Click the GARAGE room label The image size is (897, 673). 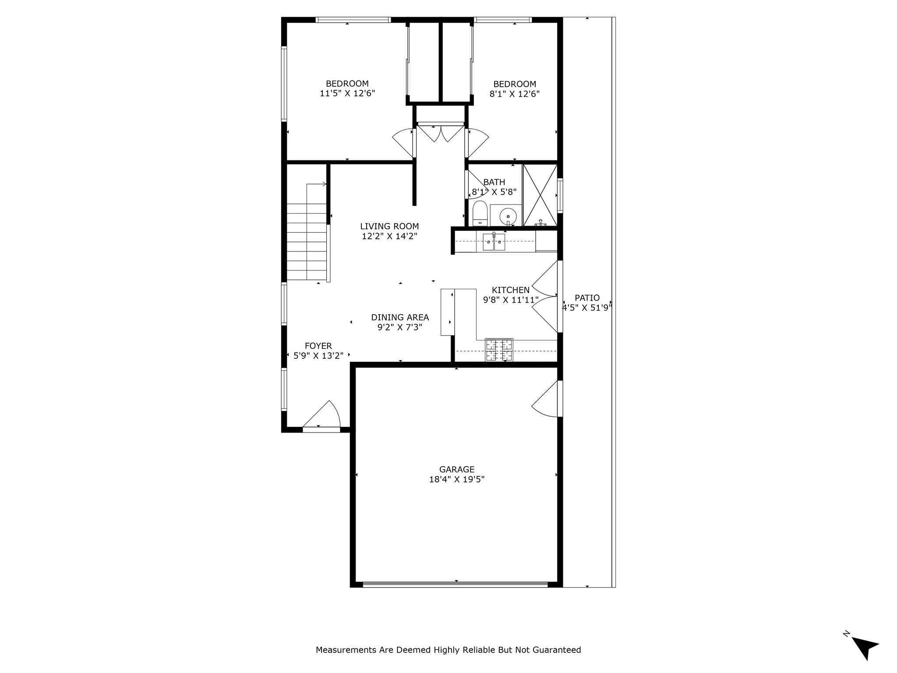[x=457, y=469]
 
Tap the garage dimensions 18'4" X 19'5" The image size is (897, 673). [x=457, y=479]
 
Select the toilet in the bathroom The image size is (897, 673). [x=480, y=213]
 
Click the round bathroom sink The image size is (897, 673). [x=508, y=216]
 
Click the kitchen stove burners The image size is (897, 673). [x=499, y=350]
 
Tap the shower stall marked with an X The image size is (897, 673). [x=540, y=195]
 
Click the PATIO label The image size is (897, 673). [x=587, y=298]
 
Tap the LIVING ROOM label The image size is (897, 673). [x=389, y=227]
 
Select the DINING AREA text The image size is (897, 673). [x=400, y=317]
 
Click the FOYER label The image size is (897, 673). [x=318, y=346]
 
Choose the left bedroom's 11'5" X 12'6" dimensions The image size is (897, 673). [x=347, y=93]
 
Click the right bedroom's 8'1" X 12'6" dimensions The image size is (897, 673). [x=515, y=94]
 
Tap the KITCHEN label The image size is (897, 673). [x=511, y=290]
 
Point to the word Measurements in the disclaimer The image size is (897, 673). [x=346, y=650]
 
